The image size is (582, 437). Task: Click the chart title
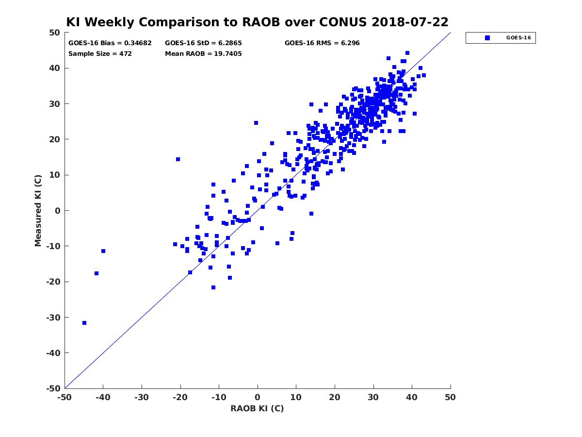[x=257, y=22]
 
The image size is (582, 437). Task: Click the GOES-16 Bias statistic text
[x=110, y=43]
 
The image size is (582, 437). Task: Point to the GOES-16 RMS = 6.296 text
[x=322, y=43]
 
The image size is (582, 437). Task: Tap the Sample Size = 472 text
[x=100, y=54]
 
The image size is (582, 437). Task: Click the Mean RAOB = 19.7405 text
[x=203, y=54]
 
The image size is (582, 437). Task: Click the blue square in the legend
[x=487, y=38]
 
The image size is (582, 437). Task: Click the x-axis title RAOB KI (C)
[x=257, y=408]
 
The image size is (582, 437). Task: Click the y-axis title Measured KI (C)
[x=38, y=211]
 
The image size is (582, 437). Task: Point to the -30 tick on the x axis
[x=142, y=397]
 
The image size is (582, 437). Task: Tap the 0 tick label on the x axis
[x=258, y=397]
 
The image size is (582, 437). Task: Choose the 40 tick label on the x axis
[x=412, y=397]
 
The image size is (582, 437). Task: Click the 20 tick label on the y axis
[x=55, y=139]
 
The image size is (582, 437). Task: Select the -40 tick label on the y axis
[x=53, y=353]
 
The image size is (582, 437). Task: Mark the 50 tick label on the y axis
[x=55, y=33]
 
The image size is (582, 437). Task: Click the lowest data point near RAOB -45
[x=84, y=323]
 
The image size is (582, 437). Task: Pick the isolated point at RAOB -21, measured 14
[x=178, y=159]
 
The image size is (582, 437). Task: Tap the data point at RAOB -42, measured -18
[x=97, y=273]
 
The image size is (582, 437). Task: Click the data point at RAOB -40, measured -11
[x=103, y=251]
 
